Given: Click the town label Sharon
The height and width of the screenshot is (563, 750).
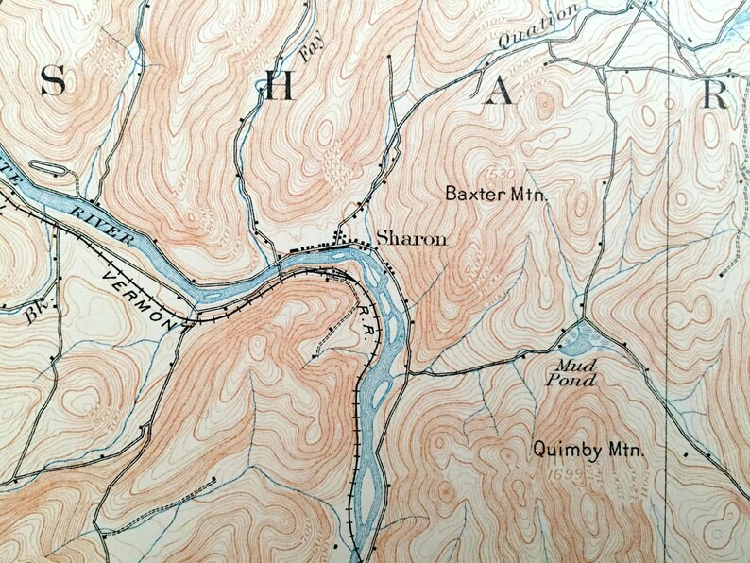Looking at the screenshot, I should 411,239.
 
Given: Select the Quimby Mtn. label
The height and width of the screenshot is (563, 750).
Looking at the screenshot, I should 588,451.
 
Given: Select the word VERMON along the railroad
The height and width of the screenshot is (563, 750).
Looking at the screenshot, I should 138,296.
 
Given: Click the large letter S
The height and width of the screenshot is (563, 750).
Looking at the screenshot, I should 53,85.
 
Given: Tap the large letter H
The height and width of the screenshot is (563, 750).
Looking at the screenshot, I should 278,87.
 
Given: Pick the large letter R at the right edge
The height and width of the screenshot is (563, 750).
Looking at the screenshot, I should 717,94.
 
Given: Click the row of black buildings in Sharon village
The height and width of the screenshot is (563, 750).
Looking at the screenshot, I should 319,247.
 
